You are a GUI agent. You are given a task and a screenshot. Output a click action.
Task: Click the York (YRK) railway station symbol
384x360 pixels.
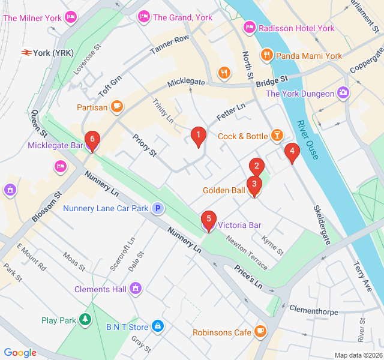tap(26, 53)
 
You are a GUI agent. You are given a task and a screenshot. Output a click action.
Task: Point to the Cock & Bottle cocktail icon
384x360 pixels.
tap(277, 136)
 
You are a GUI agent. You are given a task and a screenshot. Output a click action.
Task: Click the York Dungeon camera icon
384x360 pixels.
tap(343, 93)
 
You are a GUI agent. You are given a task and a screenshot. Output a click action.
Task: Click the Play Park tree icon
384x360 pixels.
tap(86, 320)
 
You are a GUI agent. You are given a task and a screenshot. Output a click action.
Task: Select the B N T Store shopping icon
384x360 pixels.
tap(157, 327)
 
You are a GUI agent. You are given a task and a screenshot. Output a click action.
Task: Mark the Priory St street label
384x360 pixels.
tap(144, 145)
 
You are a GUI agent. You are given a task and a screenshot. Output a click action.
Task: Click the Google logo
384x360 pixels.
tap(20, 353)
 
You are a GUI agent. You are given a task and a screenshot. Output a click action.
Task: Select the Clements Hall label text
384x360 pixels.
tap(100, 289)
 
